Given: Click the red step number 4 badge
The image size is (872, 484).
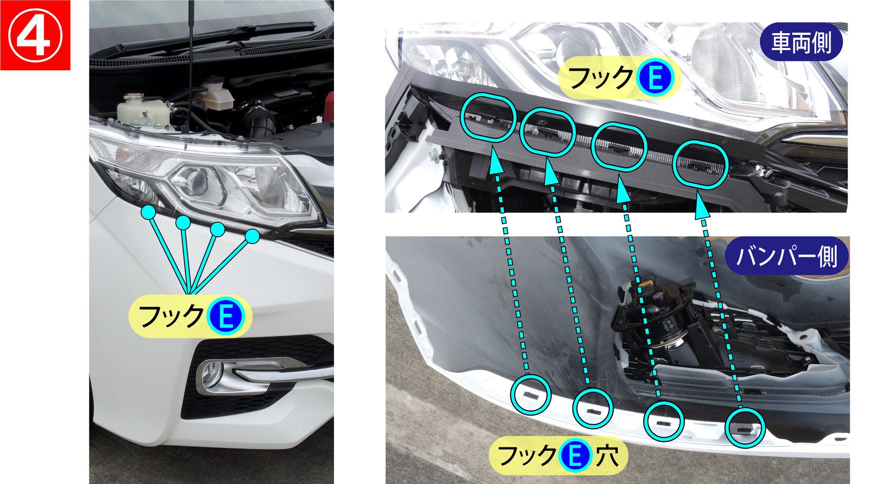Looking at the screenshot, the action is click(35, 35).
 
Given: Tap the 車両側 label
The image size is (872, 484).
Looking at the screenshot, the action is click(801, 42).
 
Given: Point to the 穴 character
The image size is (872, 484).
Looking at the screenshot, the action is click(607, 456).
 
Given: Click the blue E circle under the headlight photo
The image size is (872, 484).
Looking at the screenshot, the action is click(225, 317).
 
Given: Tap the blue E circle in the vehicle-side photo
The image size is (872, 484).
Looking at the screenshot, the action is click(655, 78).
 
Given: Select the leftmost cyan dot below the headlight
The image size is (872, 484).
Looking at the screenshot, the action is click(148, 212).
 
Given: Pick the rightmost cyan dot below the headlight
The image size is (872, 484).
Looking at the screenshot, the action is click(252, 236).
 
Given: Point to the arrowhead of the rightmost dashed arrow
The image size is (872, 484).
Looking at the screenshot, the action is click(700, 205).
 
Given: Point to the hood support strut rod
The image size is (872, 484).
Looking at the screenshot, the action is click(191, 65).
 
